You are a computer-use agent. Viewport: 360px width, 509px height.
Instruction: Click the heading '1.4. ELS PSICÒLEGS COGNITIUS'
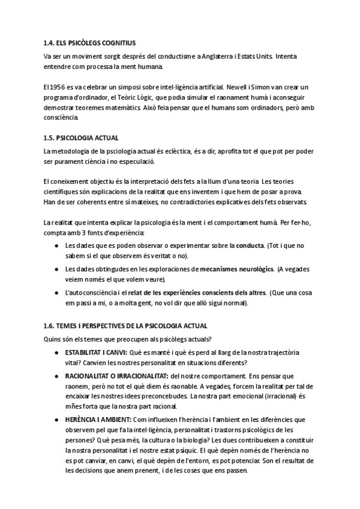(x=89, y=43)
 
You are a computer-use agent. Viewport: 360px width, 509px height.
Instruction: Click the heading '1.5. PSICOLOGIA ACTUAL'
(x=81, y=137)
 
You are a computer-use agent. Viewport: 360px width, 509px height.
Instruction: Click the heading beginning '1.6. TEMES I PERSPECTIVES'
(x=125, y=326)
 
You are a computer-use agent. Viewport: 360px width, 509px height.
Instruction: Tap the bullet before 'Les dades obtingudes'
(x=56, y=269)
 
